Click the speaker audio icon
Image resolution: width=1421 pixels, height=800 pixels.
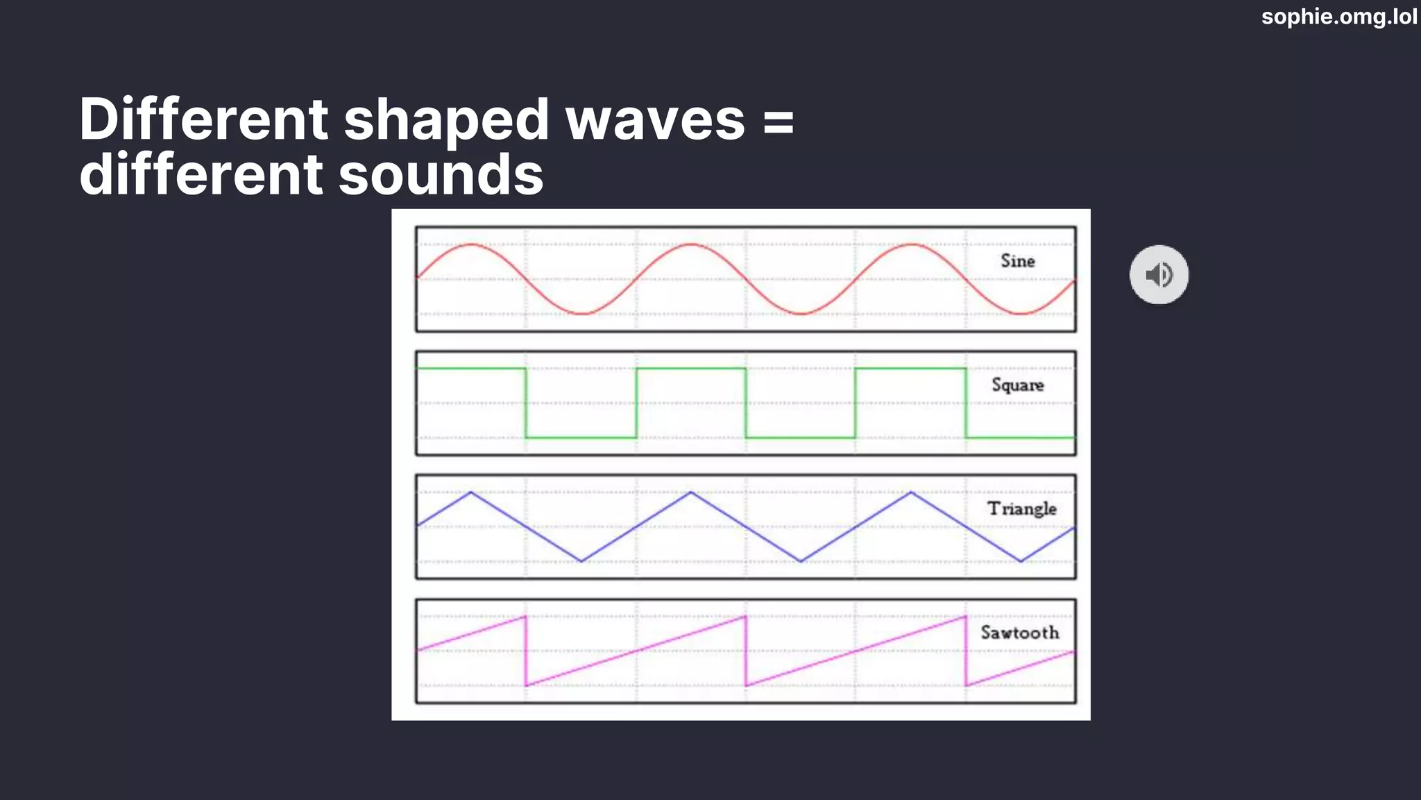[1159, 275]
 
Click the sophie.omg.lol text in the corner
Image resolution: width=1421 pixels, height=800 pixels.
[1338, 16]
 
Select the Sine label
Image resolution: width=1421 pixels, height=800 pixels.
[1017, 261]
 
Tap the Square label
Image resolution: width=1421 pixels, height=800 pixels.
[1017, 385]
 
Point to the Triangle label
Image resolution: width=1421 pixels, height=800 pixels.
[1021, 509]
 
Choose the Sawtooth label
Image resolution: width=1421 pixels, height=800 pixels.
[1019, 633]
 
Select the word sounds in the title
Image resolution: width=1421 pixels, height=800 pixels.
[441, 174]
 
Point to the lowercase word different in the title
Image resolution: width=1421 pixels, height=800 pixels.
[201, 174]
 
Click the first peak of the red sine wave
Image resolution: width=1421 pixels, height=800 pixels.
[472, 244]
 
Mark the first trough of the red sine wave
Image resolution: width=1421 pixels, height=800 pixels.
[581, 314]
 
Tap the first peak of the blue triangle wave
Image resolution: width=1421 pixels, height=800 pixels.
[471, 492]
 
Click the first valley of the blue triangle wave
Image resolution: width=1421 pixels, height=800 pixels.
[581, 561]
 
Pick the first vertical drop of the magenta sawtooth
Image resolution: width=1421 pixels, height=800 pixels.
[526, 651]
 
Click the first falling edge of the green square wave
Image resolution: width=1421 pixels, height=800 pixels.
[526, 403]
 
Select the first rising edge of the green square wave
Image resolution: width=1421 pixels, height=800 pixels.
[636, 403]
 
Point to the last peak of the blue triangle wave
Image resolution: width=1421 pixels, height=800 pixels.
[911, 492]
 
